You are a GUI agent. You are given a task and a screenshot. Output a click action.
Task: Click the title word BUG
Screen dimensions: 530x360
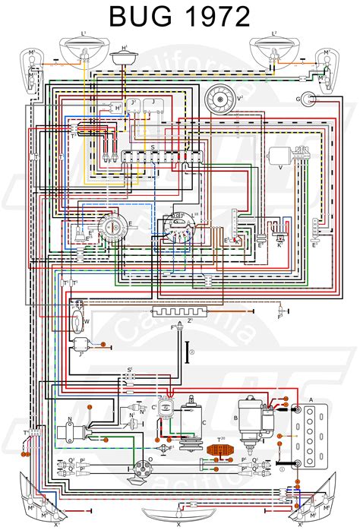(140, 17)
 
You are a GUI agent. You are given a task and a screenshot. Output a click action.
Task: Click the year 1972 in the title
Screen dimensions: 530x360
(216, 17)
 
